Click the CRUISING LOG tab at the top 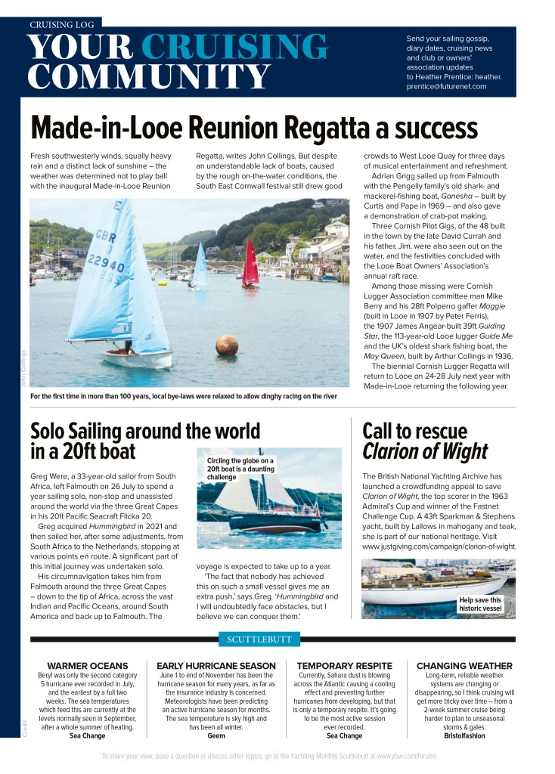tap(61, 24)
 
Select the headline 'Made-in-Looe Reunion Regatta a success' tap(254, 126)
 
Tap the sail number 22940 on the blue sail tap(106, 264)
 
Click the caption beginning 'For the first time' tap(183, 395)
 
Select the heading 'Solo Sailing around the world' tap(145, 431)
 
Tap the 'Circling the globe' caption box tap(240, 468)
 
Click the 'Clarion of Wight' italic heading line tap(425, 452)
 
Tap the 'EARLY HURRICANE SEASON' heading tap(216, 665)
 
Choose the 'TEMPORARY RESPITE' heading tap(344, 665)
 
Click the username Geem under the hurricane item tap(216, 735)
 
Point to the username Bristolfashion tap(464, 735)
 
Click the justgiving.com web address tap(439, 546)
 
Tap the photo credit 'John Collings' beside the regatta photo tap(23, 369)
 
